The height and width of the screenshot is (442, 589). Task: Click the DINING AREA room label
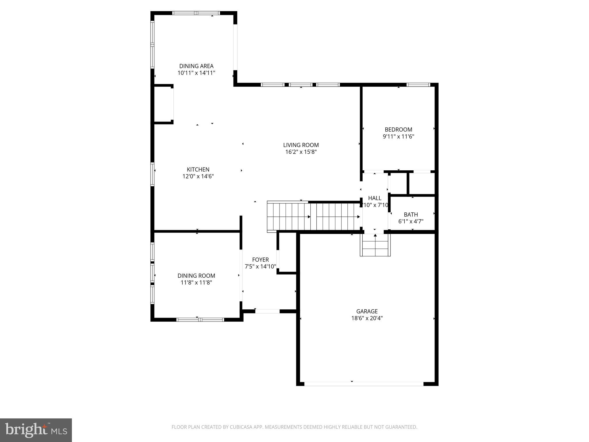196,66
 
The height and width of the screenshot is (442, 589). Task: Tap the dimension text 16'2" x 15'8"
301,152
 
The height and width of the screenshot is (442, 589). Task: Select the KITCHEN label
198,169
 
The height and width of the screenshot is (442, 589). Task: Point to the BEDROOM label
398,129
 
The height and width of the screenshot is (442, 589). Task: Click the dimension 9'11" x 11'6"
398,136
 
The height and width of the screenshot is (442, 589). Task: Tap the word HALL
374,198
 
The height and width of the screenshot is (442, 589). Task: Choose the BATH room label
411,214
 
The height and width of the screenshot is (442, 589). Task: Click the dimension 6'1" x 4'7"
411,221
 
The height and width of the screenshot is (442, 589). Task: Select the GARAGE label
367,311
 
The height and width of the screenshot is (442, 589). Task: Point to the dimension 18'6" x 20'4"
367,318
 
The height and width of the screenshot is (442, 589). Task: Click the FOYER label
260,260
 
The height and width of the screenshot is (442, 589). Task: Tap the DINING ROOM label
196,276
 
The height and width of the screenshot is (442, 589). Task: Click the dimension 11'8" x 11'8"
196,283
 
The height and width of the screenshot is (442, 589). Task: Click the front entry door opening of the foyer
267,311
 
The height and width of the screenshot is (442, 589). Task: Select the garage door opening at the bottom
364,384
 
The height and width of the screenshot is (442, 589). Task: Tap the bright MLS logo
36,430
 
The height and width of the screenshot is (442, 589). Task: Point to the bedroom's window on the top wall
418,85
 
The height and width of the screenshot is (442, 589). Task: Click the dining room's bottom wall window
200,319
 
